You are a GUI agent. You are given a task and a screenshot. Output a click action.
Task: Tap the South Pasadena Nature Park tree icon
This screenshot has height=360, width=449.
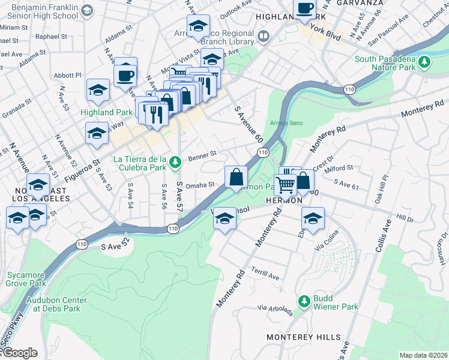425,62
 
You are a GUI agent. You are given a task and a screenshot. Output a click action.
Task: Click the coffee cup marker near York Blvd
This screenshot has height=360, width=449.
305,8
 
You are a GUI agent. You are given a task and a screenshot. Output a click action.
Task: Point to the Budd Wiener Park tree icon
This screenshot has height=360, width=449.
304,300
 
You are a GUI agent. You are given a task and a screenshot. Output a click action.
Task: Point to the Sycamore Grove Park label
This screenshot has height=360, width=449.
26,279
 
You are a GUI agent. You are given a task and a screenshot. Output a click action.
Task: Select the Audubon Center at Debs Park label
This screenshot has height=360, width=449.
56,304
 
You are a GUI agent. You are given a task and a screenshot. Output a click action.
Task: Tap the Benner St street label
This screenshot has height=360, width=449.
202,155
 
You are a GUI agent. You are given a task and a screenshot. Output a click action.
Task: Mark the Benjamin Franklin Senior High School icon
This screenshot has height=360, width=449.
87,11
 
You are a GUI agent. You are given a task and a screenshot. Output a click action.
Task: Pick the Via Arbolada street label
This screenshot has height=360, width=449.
276,310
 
